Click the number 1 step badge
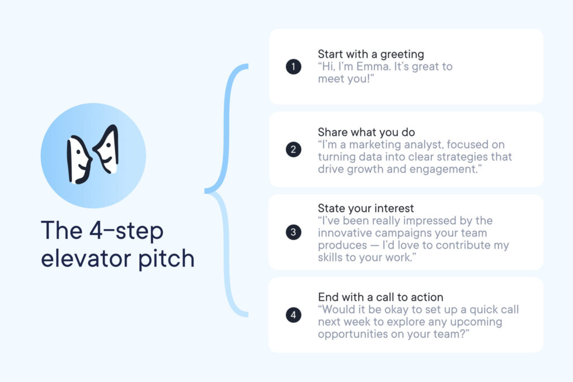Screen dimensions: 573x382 (x=293, y=67)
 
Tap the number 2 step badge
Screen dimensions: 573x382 (x=293, y=149)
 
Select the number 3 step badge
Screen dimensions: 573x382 (x=293, y=232)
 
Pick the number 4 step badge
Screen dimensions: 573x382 (x=293, y=315)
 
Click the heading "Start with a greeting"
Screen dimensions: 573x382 (x=371, y=54)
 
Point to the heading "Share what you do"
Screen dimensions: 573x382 (x=366, y=132)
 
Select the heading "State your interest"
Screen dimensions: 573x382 (x=366, y=208)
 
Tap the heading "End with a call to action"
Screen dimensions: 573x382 (x=381, y=297)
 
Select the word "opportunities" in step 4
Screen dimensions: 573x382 (x=353, y=334)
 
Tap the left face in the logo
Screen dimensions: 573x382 (x=79, y=159)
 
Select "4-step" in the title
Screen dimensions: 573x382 (x=126, y=231)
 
